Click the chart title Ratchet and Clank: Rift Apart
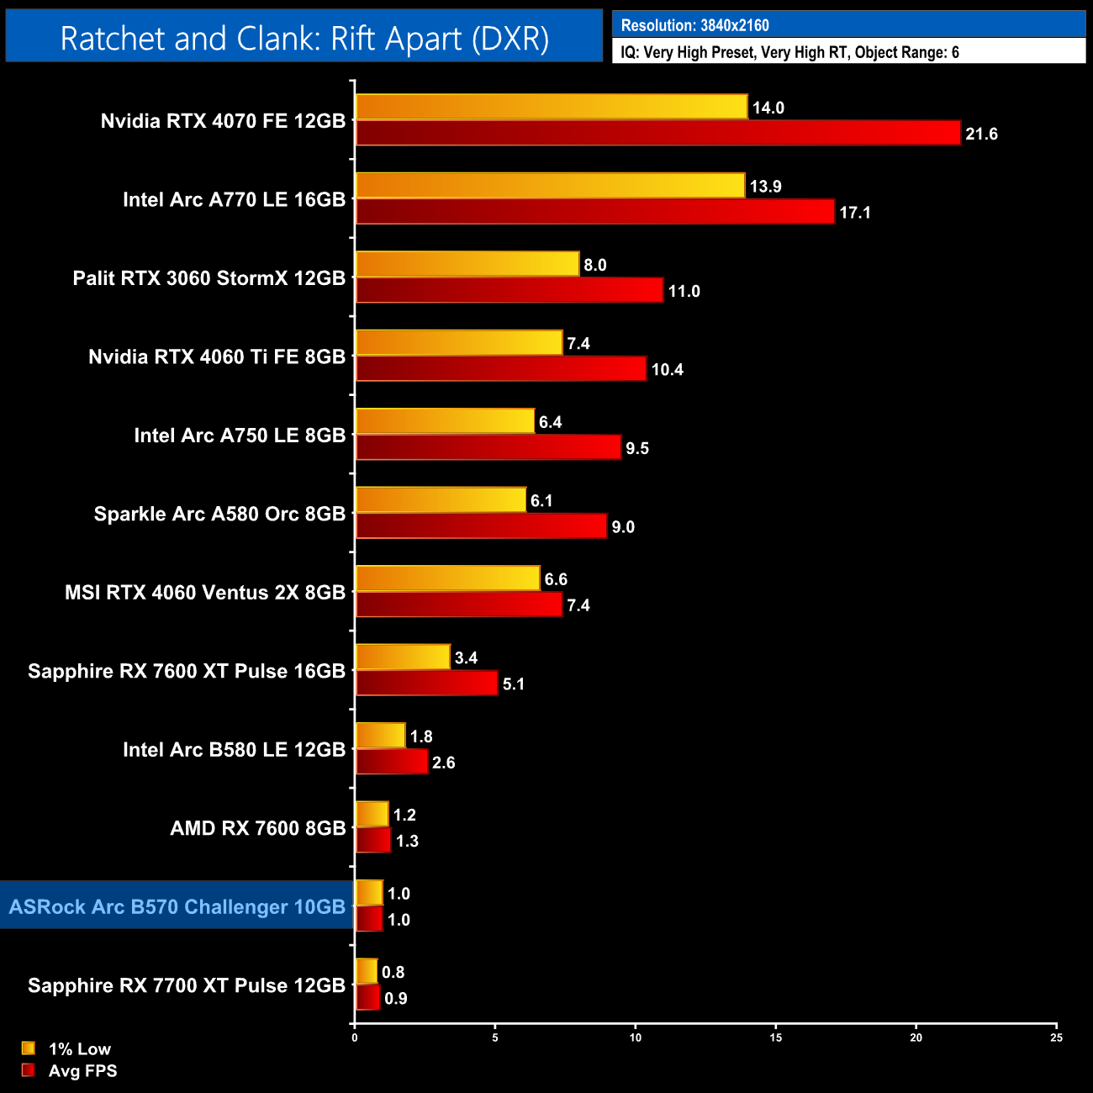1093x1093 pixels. [x=304, y=39]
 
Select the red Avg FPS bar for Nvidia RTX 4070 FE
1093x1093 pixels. [x=657, y=133]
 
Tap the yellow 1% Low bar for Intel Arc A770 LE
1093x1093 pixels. [x=550, y=186]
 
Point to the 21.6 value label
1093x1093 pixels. [x=981, y=135]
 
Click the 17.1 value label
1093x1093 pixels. [x=855, y=213]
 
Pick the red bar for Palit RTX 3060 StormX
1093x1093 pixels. [x=510, y=290]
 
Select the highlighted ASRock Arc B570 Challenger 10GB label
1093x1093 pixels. [x=177, y=907]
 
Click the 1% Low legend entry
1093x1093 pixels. [x=79, y=1048]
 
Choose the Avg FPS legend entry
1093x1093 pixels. [x=82, y=1071]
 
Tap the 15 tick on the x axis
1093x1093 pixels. [x=776, y=1038]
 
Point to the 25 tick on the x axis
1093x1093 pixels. [x=1057, y=1038]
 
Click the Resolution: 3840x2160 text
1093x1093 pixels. [x=694, y=25]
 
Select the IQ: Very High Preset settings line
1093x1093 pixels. [x=789, y=53]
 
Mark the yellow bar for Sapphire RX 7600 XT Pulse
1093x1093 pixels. [x=403, y=657]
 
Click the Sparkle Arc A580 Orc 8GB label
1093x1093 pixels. [x=219, y=514]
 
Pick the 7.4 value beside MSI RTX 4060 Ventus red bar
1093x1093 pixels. [x=578, y=605]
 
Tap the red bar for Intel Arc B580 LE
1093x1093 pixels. [x=392, y=762]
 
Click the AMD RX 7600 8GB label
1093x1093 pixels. [x=257, y=828]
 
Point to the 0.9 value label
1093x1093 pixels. [x=396, y=999]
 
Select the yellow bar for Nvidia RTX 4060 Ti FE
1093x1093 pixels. [x=459, y=343]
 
